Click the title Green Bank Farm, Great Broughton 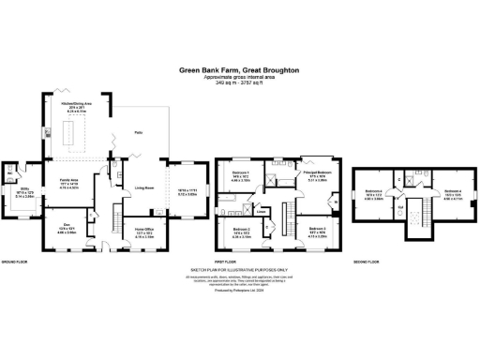coord(239,68)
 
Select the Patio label coord(138,133)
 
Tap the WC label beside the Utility coord(8,173)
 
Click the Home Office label coord(145,230)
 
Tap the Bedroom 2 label coord(241,230)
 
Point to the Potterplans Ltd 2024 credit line coord(239,292)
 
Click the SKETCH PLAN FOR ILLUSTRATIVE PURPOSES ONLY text coord(239,270)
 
